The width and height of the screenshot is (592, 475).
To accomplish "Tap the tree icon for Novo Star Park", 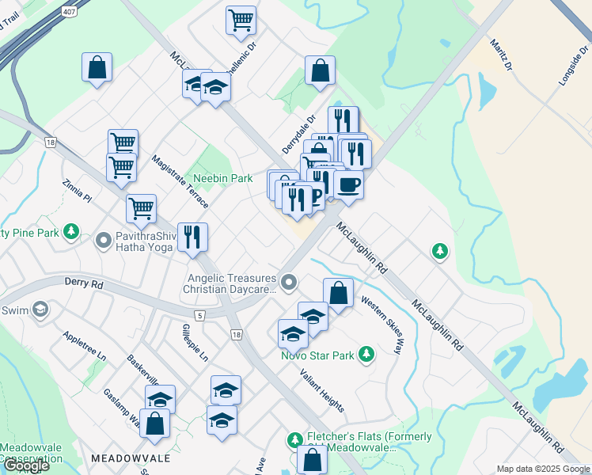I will coord(366,353).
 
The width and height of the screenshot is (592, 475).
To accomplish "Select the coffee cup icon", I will coord(348,186).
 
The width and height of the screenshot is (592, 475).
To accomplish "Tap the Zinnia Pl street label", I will coord(78,189).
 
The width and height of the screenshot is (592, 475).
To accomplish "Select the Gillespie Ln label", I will coord(194,342).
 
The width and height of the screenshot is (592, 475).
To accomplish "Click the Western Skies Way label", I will coord(381,325).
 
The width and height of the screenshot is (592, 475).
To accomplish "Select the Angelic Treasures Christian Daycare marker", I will coord(290,282).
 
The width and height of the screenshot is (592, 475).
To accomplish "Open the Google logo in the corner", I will coord(25,465).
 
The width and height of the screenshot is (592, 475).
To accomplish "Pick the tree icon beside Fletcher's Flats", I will coord(294,439).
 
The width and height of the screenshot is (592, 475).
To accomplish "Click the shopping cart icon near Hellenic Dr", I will coord(241,20).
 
